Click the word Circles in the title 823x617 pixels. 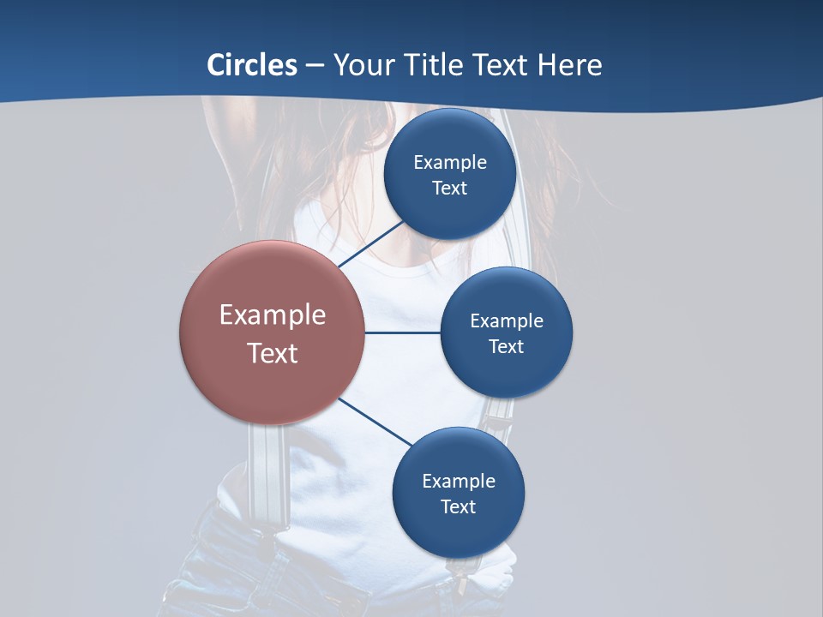252,65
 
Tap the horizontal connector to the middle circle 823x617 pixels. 403,332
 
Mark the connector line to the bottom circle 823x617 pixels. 375,422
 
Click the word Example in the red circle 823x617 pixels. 273,315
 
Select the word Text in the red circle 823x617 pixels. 273,353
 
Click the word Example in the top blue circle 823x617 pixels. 450,163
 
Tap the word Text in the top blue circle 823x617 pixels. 450,189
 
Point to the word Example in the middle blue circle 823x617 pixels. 507,321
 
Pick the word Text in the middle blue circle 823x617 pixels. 507,347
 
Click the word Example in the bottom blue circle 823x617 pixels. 459,482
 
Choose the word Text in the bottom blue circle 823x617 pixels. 459,507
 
